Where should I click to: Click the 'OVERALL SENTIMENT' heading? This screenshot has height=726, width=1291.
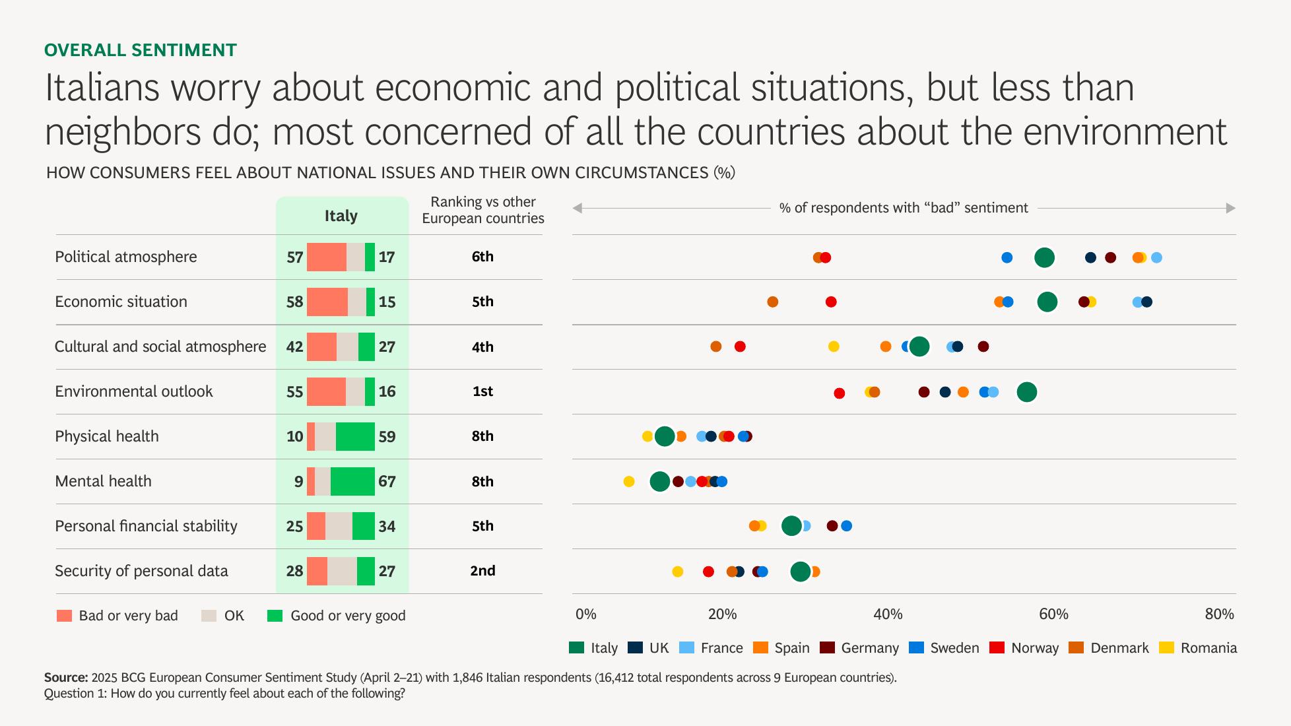[140, 50]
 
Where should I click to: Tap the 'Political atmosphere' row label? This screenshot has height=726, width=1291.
[125, 257]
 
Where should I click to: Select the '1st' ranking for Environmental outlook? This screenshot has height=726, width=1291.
[482, 391]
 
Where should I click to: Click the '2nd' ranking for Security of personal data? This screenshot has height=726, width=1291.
[482, 571]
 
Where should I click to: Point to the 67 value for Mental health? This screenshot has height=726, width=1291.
[387, 481]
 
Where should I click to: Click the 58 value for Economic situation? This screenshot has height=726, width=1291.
[294, 302]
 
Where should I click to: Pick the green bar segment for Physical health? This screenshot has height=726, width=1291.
[355, 436]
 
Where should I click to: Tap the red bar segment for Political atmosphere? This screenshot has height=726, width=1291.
[326, 257]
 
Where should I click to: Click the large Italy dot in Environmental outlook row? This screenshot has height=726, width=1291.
[1026, 392]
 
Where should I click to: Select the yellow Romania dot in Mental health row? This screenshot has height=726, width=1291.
[629, 482]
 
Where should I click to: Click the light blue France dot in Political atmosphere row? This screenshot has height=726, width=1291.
[1156, 257]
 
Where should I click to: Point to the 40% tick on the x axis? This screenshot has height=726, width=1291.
[888, 614]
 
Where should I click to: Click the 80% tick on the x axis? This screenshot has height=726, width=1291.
[1219, 614]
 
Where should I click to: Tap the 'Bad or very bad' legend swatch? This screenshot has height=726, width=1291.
[64, 616]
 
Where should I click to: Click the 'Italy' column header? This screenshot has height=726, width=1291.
[341, 216]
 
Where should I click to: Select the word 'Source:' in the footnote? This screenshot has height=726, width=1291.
[66, 678]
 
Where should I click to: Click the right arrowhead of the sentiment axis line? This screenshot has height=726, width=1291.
[1231, 209]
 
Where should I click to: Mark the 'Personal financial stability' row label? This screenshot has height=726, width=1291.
[146, 526]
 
